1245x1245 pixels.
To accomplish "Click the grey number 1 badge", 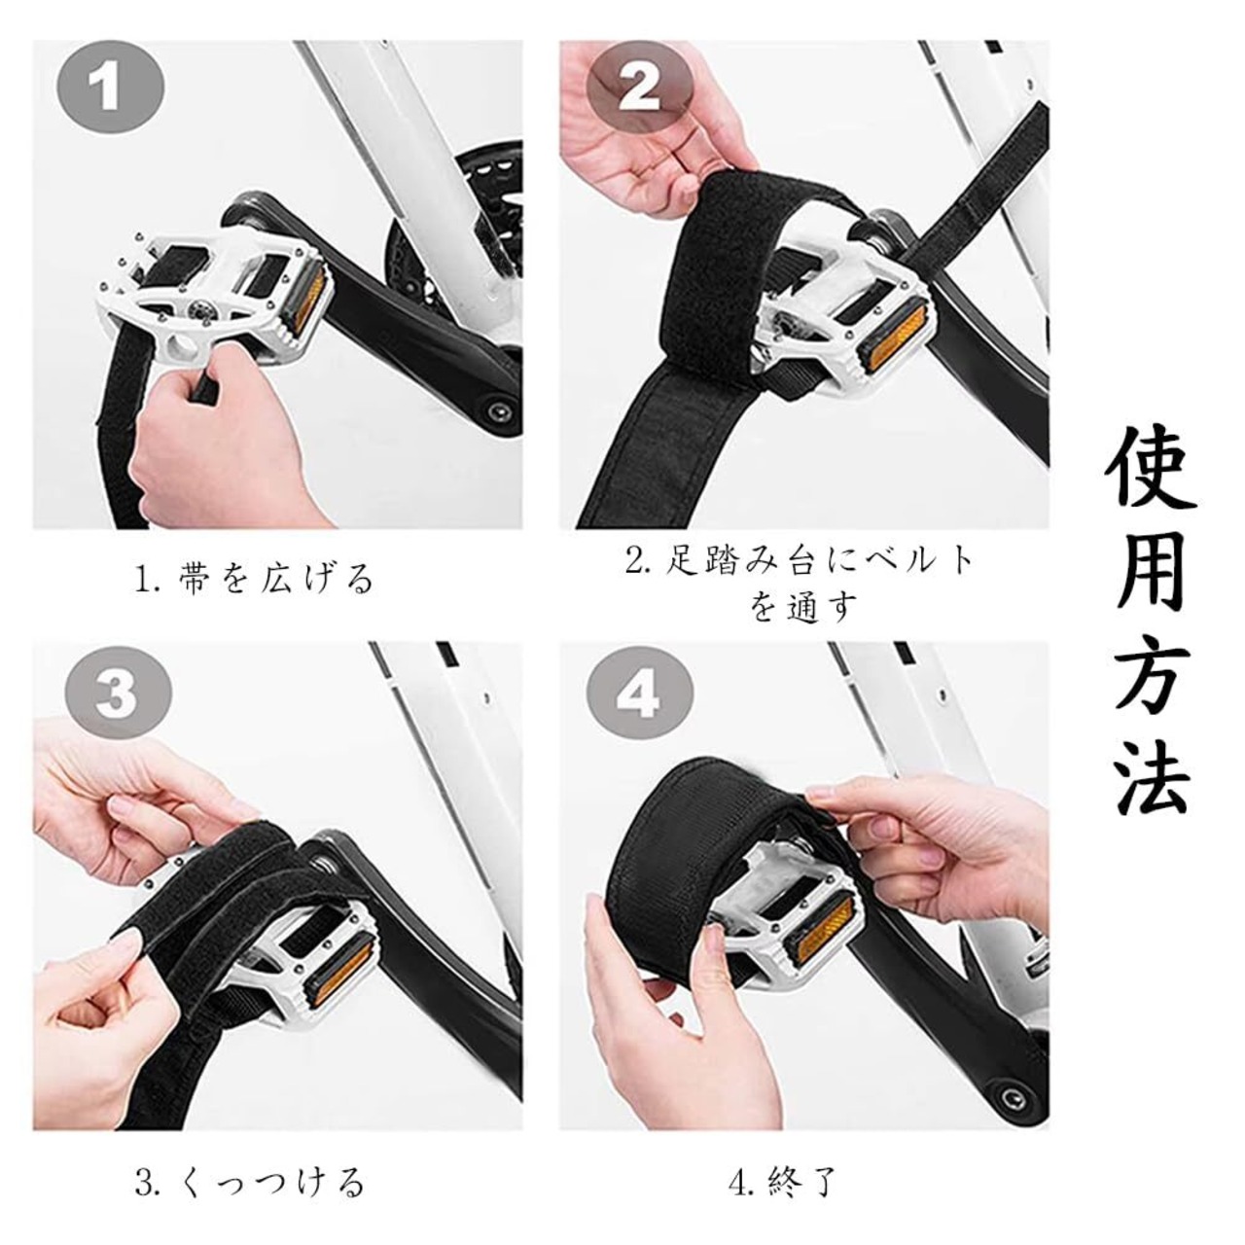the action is pyautogui.click(x=111, y=89).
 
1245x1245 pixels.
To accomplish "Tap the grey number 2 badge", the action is pyautogui.click(x=639, y=89).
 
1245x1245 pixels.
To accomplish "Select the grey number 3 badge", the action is pyautogui.click(x=119, y=698).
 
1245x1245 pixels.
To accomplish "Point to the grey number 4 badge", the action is pyautogui.click(x=639, y=698).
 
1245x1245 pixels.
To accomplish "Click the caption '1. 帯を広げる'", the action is pyautogui.click(x=255, y=577).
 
